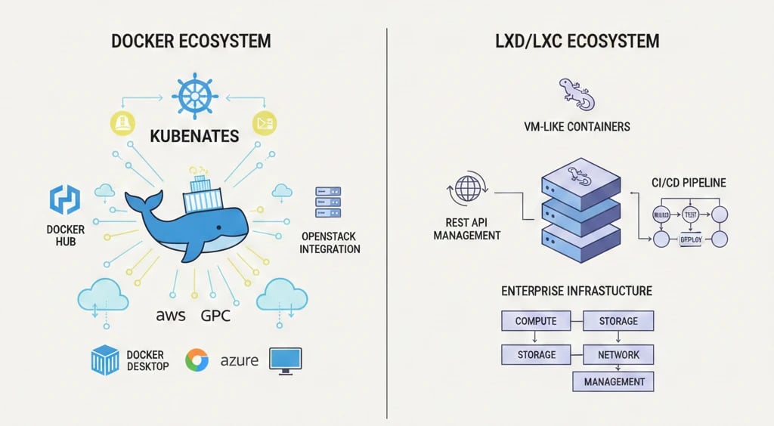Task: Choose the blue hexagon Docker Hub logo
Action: [63, 199]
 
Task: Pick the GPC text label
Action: [215, 316]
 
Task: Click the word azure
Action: [240, 361]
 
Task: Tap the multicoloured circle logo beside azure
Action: [197, 361]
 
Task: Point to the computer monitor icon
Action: [285, 360]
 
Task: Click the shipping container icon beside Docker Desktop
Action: [105, 360]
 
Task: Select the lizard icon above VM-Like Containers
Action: [577, 92]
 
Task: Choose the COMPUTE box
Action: [535, 321]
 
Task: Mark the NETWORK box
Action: [618, 354]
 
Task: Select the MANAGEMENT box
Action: [614, 381]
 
